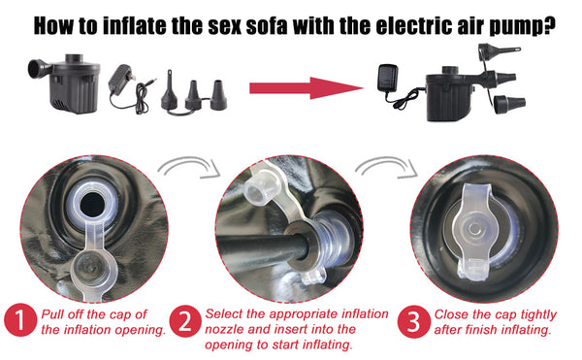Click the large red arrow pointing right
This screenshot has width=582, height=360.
point(307,88)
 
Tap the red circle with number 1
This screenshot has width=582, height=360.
point(20,320)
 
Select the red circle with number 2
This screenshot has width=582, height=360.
point(185,321)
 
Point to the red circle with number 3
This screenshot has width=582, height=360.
point(414,321)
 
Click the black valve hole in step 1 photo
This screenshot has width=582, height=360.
point(92,205)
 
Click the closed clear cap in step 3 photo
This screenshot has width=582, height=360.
point(474,230)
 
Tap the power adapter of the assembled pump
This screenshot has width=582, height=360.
point(388,78)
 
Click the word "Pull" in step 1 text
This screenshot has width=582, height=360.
point(52,314)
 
